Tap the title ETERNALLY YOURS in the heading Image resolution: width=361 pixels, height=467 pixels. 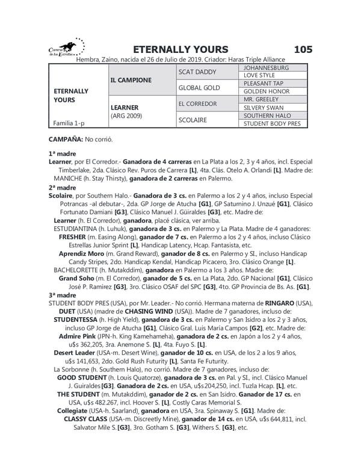pos(172,49)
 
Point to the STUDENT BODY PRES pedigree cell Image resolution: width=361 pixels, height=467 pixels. pos(271,123)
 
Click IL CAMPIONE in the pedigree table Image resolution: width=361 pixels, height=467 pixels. pos(131,79)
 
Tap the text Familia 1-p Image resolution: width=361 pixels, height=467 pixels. pos(69,123)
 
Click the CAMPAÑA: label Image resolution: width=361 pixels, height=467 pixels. pos(66,139)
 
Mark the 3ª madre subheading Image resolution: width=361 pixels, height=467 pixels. pos(61,296)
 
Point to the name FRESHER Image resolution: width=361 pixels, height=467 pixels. pos(73,237)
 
